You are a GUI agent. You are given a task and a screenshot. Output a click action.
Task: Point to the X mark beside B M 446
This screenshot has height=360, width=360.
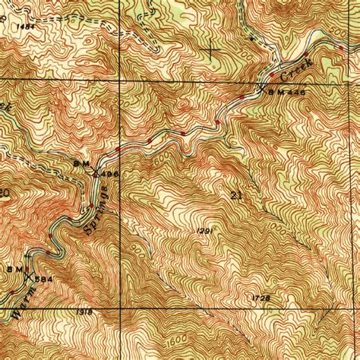pyautogui.click(x=263, y=89)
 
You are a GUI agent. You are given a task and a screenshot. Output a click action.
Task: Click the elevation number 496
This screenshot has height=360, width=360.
pyautogui.click(x=106, y=174)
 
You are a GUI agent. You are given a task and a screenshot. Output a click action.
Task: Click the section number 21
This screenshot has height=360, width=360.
pyautogui.click(x=235, y=195)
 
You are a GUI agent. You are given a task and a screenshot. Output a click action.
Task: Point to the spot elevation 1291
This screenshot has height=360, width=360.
pyautogui.click(x=204, y=230)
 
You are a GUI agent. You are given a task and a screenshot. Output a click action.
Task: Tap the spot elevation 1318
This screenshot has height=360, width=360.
pyautogui.click(x=85, y=311)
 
